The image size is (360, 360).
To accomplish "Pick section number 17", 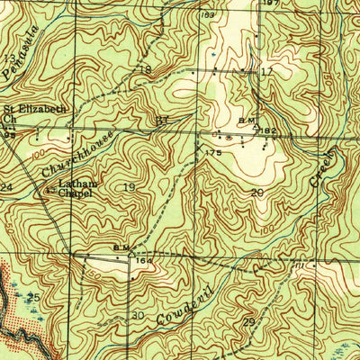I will pyautogui.click(x=265, y=71).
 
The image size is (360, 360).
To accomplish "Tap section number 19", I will pyautogui.click(x=130, y=187).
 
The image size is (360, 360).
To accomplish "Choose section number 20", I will pyautogui.click(x=257, y=193).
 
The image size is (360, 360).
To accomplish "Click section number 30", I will pyautogui.click(x=138, y=316).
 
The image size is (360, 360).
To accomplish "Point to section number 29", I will pyautogui.click(x=248, y=322).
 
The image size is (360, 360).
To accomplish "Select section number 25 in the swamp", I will pyautogui.click(x=34, y=297).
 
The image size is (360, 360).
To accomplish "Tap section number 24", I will pyautogui.click(x=6, y=187).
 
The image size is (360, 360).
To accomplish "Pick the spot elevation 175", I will pyautogui.click(x=212, y=154).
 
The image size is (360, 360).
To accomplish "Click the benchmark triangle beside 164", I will pyautogui.click(x=131, y=255).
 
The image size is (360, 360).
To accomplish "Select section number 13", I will pyautogui.click(x=9, y=58).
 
